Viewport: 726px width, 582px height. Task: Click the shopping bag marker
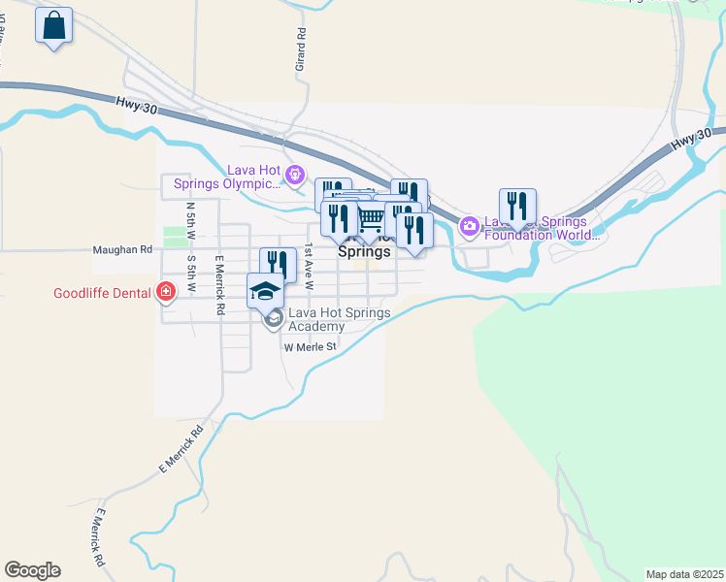tap(54, 26)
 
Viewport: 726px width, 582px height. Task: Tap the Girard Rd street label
tap(301, 48)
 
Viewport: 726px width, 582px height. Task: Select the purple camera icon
tap(470, 226)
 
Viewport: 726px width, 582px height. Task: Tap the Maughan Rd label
tap(122, 249)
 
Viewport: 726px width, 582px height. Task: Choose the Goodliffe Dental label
tap(104, 292)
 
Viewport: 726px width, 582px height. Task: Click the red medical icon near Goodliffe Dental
tap(166, 291)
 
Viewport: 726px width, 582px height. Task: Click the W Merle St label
tap(310, 346)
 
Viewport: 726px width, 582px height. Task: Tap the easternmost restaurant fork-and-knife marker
tap(517, 206)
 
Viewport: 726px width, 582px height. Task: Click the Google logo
tap(32, 569)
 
